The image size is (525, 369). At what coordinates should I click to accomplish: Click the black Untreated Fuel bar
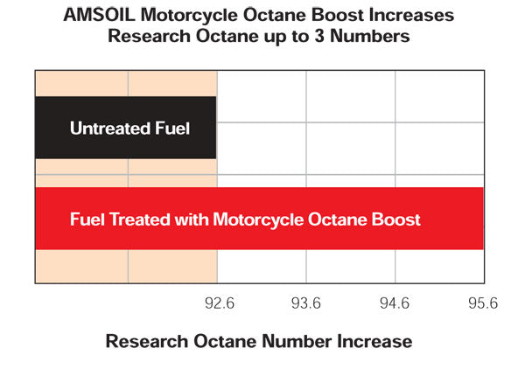(x=125, y=128)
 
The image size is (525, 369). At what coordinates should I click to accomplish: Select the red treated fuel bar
(x=259, y=219)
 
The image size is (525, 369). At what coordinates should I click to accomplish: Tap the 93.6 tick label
(x=306, y=303)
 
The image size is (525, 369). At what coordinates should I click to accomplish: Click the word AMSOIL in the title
(x=99, y=16)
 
